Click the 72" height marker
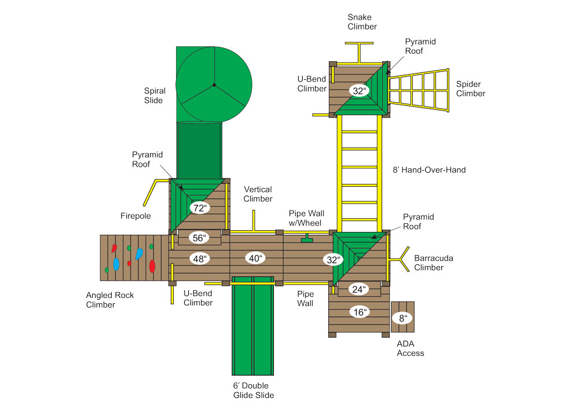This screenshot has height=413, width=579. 200,208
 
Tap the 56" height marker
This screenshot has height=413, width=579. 199,238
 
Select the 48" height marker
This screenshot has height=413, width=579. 199,259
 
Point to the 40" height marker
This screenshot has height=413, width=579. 255,258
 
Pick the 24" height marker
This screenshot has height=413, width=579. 359,289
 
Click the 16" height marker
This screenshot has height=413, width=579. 360,312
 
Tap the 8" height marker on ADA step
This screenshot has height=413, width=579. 403,318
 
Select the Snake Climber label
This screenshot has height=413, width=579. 362,22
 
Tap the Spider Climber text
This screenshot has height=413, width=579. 470,89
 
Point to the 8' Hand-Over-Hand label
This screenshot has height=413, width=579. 429,170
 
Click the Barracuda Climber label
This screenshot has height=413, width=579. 434,263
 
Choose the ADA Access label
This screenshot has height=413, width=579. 411,348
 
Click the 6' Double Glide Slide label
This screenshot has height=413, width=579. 254,390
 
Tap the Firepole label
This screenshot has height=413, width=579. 135,216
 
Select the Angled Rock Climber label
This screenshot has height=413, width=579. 109,300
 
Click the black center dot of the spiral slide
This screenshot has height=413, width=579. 214,85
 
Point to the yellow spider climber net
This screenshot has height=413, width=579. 419,90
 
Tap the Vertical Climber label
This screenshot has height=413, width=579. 258,194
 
